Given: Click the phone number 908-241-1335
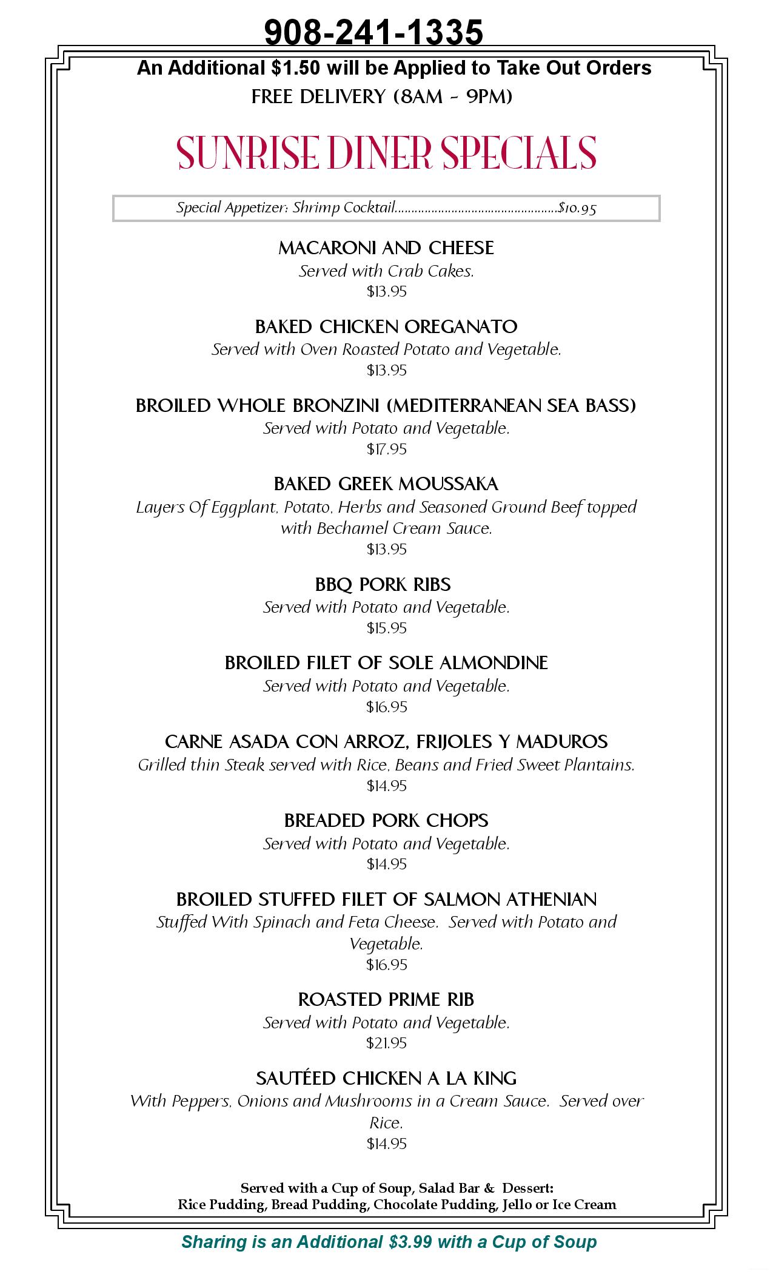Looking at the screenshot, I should (373, 32).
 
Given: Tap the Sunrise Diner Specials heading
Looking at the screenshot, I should (386, 153).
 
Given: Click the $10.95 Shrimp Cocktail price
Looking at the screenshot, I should (577, 209).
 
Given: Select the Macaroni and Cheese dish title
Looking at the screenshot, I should (386, 248).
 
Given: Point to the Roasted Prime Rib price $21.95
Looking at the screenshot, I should (386, 1043).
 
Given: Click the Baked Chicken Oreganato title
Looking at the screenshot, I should (386, 326).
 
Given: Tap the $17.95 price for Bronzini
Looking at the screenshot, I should (386, 449).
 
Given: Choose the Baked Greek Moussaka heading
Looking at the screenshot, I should (386, 484).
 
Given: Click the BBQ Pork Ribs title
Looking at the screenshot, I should (383, 584).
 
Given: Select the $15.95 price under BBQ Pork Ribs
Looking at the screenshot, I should (386, 628).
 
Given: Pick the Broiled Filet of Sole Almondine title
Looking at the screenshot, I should (386, 662).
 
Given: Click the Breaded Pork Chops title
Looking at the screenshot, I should (386, 820).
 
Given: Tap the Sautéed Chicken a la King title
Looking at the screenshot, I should (386, 1078).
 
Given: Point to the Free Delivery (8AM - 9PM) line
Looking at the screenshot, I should (382, 96).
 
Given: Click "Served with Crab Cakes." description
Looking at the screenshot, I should (386, 271).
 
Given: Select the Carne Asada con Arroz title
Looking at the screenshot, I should (386, 741).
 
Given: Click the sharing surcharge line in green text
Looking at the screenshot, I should (389, 1241).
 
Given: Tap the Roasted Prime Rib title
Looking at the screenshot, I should (386, 999).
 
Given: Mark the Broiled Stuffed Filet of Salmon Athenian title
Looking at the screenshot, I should (386, 899).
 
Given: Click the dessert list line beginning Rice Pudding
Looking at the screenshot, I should (397, 1204).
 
